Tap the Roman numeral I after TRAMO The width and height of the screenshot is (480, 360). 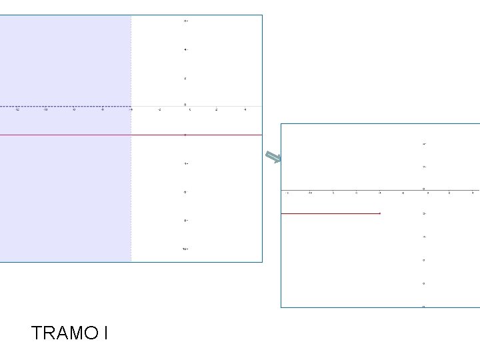[105, 333]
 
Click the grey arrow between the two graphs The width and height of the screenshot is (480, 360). [273, 158]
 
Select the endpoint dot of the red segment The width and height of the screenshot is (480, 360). [379, 213]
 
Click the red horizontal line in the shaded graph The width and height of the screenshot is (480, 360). [200, 135]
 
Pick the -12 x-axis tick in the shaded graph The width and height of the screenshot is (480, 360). [17, 110]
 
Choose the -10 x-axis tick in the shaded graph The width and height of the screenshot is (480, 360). [45, 110]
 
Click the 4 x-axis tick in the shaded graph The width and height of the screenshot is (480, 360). [245, 110]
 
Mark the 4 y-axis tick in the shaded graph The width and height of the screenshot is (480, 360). [185, 49]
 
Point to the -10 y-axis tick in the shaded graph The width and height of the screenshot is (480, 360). [185, 249]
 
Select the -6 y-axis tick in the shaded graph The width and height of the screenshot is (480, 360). [185, 192]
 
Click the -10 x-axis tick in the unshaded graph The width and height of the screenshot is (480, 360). [310, 193]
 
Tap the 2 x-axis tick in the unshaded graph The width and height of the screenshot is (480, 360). [449, 193]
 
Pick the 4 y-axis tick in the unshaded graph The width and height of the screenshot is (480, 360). [424, 144]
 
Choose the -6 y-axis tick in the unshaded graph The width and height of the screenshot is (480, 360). [424, 260]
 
